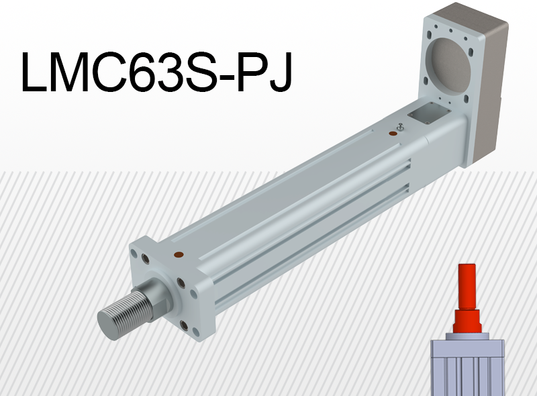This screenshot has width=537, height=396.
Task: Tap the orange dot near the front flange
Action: coord(179,255)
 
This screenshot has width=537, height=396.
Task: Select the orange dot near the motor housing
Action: coord(393,134)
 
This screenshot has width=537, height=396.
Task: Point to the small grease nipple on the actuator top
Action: coord(400,126)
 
